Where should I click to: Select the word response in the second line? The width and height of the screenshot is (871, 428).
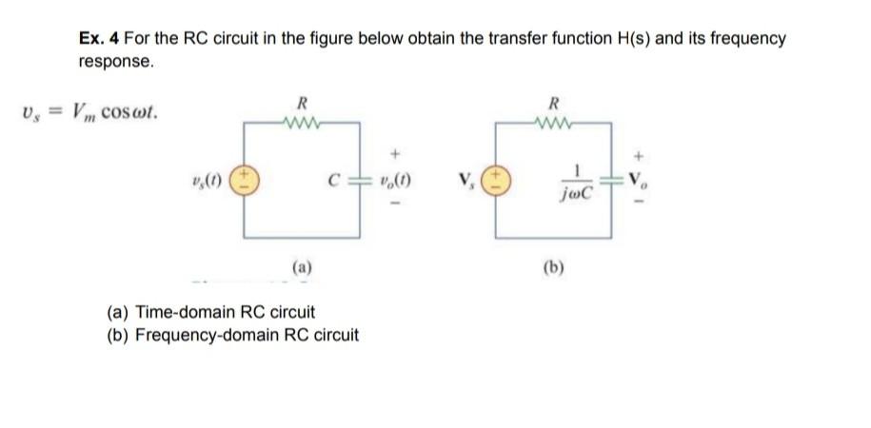[115, 62]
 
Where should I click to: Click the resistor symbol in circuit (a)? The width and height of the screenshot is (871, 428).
[302, 121]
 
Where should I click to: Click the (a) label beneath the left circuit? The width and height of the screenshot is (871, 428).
[302, 269]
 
